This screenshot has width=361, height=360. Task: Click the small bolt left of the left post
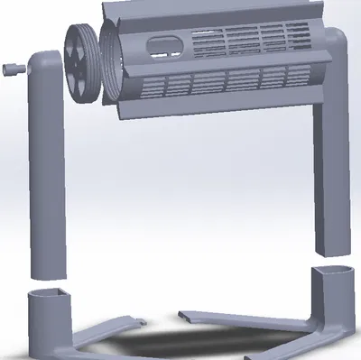[x=13, y=69]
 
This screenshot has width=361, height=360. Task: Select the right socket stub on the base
[x=330, y=302]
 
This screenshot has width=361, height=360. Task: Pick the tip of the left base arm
[x=140, y=318]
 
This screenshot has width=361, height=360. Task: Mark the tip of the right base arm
[x=184, y=315]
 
